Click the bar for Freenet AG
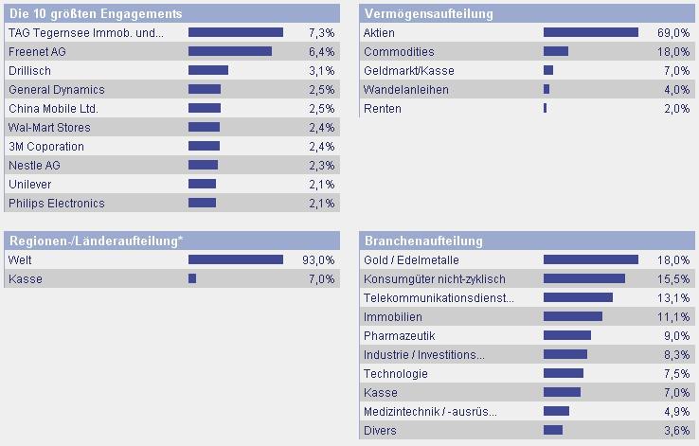pos(230,51)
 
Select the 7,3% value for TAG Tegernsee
pos(322,32)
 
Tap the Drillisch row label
pos(29,70)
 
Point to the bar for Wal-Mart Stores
pos(204,127)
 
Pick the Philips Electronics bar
pos(202,203)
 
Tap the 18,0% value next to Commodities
pos(676,51)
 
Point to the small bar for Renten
pos(546,108)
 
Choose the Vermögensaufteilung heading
pos(428,13)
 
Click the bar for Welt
pos(236,259)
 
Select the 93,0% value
pos(319,259)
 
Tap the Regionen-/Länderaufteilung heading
pos(96,241)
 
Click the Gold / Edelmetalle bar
pos(591,259)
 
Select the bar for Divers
pos(553,430)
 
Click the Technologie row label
pos(396,373)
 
